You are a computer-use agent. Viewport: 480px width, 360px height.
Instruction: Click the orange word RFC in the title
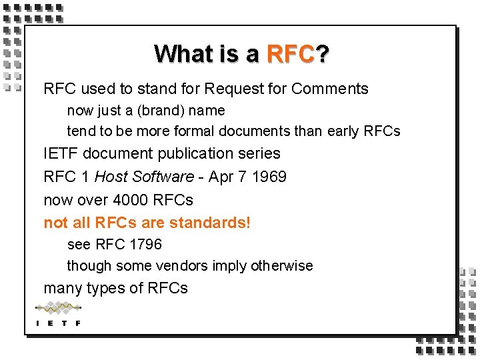290,53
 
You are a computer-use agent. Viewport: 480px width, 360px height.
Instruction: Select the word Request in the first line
232,89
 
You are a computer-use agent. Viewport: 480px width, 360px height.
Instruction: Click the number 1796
145,245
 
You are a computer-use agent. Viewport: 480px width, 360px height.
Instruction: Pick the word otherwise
281,266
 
